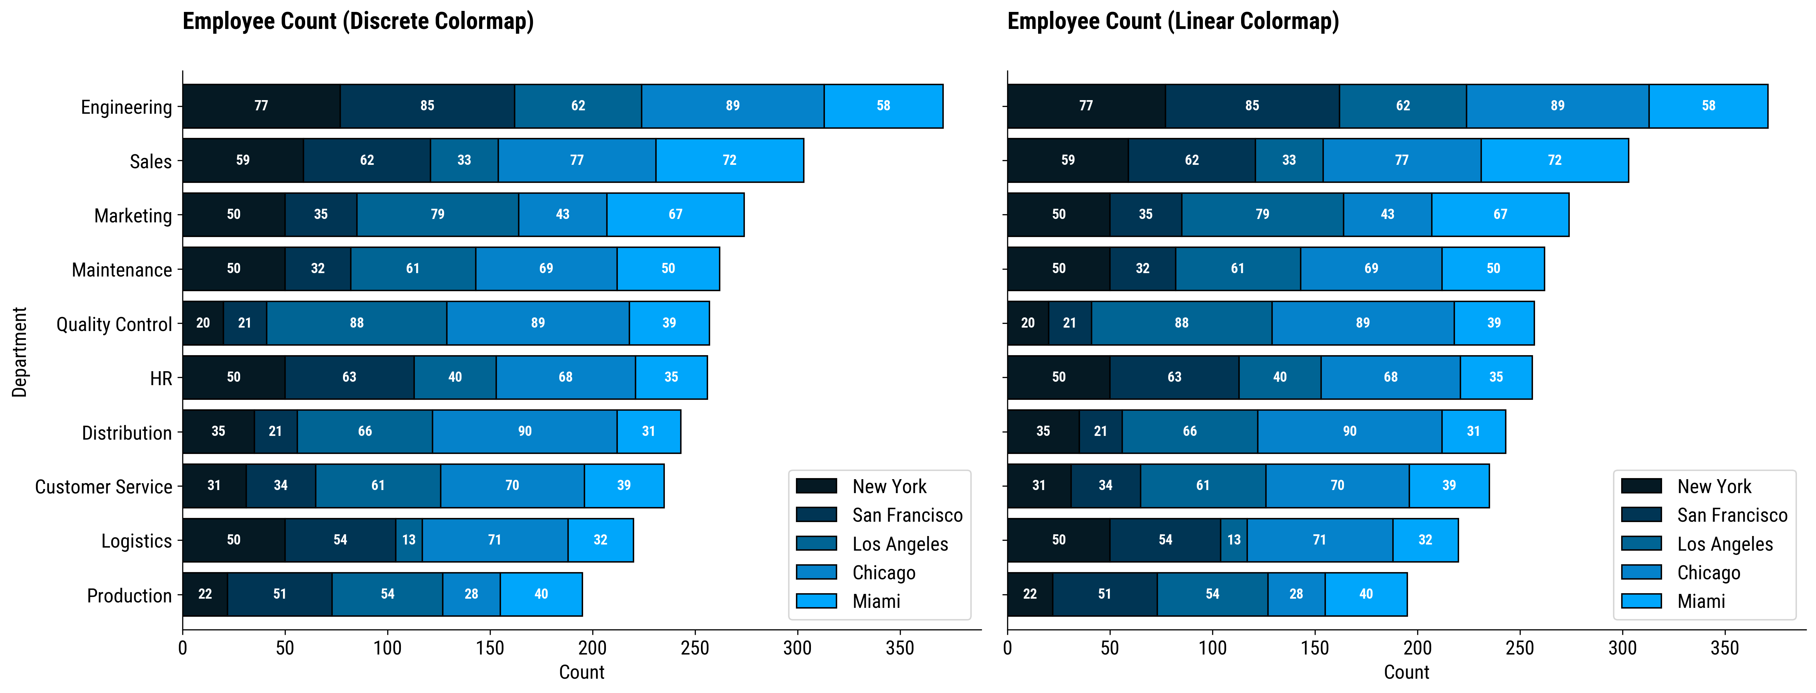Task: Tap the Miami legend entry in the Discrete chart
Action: click(x=876, y=601)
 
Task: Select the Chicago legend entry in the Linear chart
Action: click(x=1708, y=572)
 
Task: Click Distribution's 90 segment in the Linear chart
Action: click(x=1349, y=431)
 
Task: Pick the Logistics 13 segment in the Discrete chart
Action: click(x=409, y=540)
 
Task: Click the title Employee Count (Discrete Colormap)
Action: click(x=358, y=21)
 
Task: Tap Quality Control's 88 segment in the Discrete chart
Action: click(x=357, y=323)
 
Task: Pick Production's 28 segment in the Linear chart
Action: click(x=1296, y=594)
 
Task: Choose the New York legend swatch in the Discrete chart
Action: click(x=816, y=486)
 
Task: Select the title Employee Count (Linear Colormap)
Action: click(x=1173, y=21)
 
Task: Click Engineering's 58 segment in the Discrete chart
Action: click(x=883, y=106)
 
